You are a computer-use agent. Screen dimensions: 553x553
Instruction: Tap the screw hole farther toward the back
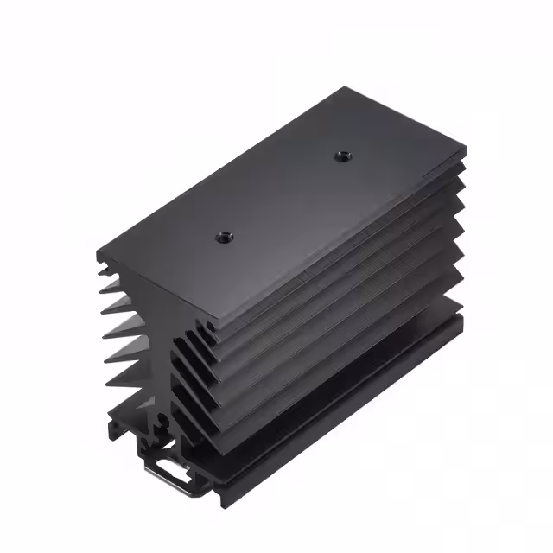pos(339,156)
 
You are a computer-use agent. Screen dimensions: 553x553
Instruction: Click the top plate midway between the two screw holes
pos(282,194)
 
